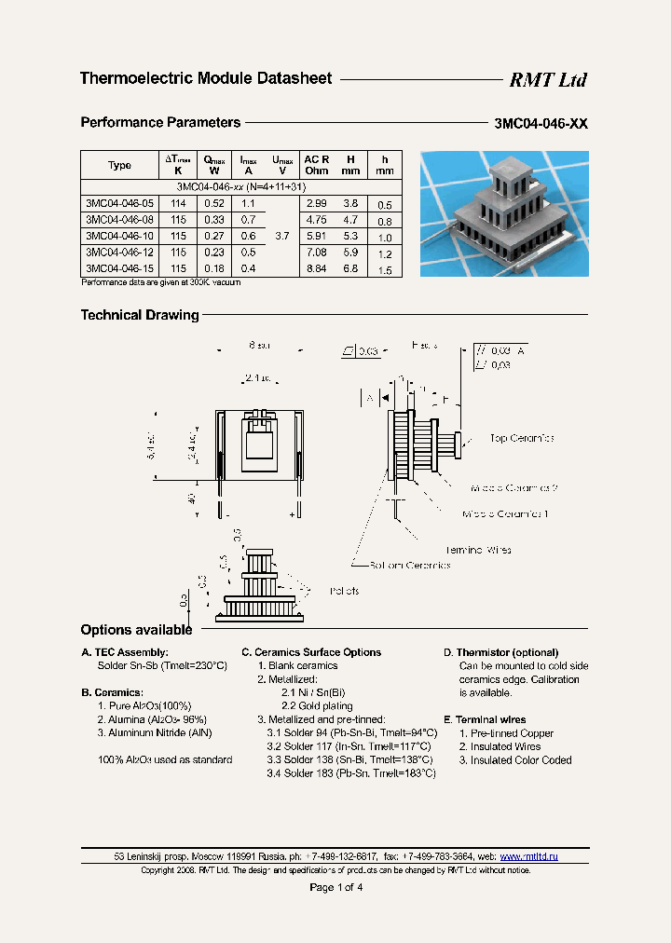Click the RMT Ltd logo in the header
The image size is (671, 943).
[547, 80]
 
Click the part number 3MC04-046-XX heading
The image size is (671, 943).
[541, 124]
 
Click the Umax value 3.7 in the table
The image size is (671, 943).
[281, 237]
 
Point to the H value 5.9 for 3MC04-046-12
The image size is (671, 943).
[350, 253]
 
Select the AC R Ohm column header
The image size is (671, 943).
[316, 165]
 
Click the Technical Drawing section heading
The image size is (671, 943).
[140, 315]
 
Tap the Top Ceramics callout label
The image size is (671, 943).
[522, 438]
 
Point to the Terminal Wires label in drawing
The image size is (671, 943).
[477, 550]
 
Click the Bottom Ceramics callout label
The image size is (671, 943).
[409, 565]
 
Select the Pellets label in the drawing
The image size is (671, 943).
[344, 591]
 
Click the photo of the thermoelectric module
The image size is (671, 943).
[504, 213]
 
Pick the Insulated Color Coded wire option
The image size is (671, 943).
[514, 760]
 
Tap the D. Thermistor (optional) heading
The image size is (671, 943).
[500, 652]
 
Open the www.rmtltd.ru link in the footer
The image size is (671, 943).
[528, 855]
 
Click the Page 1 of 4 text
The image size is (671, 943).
[335, 887]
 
